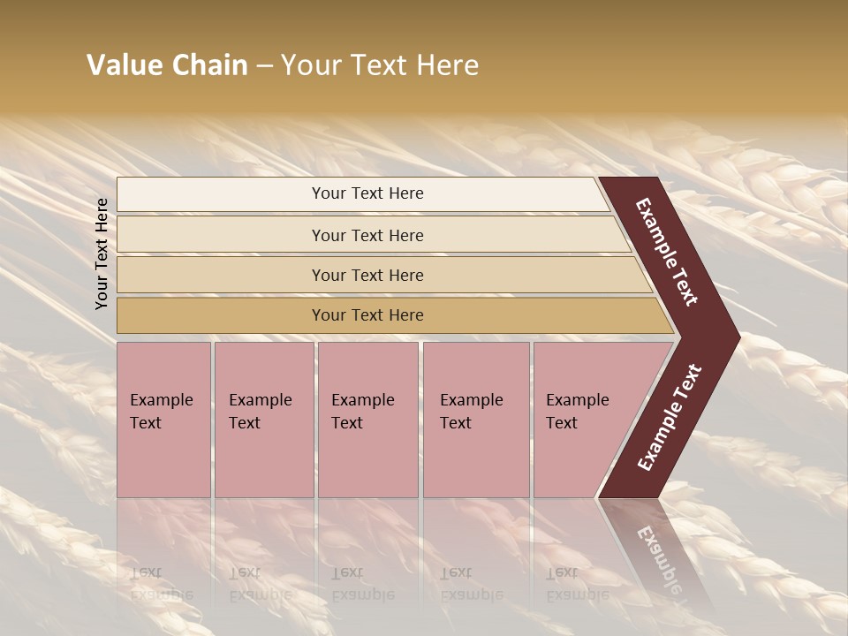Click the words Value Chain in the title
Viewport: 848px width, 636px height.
click(167, 65)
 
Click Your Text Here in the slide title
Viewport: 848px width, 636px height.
click(380, 65)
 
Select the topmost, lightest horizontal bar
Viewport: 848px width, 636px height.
click(362, 193)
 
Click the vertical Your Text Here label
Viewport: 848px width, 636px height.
click(102, 254)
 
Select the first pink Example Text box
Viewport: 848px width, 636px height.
click(163, 420)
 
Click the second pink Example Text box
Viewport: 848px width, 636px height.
click(264, 420)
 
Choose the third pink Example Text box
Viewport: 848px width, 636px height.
click(367, 420)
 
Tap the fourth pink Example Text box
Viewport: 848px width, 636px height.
click(476, 420)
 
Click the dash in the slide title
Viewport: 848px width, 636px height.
click(264, 65)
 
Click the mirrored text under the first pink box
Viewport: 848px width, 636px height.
click(161, 584)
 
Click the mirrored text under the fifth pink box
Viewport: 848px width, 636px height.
click(577, 584)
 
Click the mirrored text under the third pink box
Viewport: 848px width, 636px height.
click(362, 584)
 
